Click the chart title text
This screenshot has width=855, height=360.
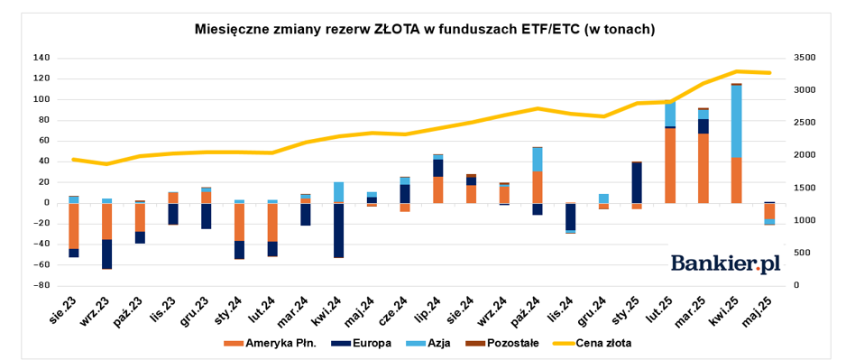coord(425,30)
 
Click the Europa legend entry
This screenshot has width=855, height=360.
coord(363,343)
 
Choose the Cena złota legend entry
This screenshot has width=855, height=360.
coord(592,343)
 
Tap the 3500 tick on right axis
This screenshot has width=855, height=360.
coord(799,58)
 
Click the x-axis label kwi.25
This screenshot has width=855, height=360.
coord(729,311)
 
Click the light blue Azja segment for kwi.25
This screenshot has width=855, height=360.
coord(737,122)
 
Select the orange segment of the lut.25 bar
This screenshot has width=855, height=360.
coord(670,166)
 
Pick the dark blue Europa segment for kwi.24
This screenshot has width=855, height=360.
coord(338,230)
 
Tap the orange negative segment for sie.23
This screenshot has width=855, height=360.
coord(74,226)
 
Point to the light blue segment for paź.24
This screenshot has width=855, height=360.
coord(538,160)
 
